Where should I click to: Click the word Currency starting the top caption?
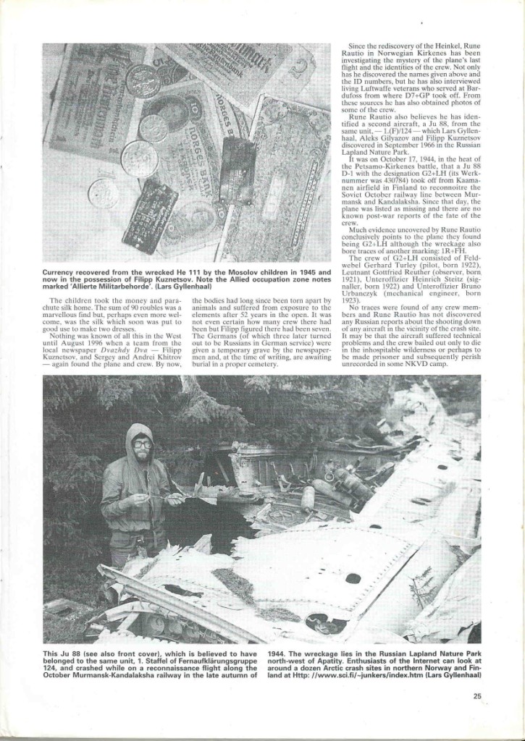[64, 271]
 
